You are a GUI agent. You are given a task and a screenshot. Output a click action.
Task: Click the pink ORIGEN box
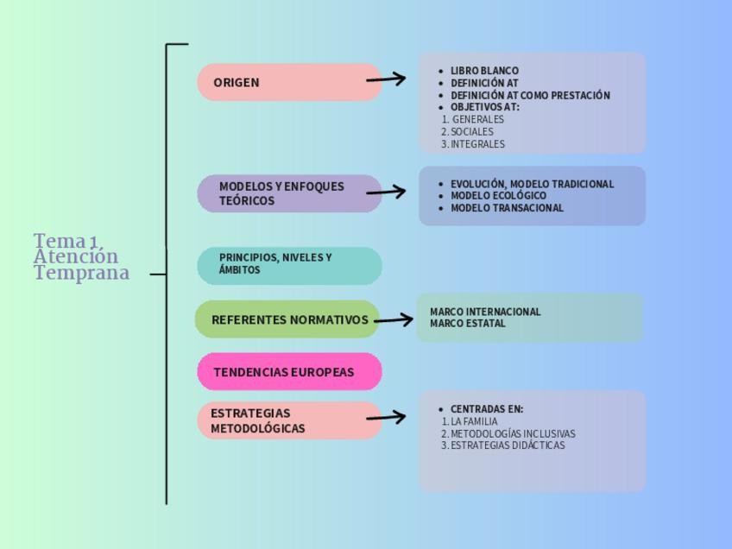click(289, 82)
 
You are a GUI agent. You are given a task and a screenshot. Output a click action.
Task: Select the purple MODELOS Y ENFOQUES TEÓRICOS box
click(289, 193)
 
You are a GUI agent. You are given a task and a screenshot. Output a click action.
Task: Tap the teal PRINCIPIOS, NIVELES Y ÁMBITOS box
click(289, 265)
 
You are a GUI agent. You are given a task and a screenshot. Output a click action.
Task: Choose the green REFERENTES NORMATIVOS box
click(287, 319)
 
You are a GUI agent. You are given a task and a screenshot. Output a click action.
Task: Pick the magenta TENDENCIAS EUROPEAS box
click(289, 372)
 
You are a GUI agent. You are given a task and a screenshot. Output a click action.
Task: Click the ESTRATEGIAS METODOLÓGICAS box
click(289, 420)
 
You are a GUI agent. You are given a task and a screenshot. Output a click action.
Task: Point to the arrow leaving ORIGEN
click(386, 79)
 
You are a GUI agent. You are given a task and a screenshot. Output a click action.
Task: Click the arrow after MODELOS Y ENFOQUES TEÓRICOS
click(386, 191)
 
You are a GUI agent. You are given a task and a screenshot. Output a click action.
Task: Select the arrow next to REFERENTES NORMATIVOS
click(394, 320)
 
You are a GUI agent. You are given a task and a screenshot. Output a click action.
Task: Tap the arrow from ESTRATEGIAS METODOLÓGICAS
click(386, 418)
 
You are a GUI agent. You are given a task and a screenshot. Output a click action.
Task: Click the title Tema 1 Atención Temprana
click(81, 256)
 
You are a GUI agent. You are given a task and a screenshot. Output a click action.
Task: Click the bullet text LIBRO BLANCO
click(484, 71)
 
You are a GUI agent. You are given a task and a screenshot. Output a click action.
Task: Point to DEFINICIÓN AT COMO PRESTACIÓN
click(530, 96)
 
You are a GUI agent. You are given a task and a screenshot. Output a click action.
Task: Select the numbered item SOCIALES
click(471, 132)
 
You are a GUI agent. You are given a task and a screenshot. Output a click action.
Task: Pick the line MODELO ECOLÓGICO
click(498, 196)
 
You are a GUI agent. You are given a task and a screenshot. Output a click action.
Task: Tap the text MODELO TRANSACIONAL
click(507, 208)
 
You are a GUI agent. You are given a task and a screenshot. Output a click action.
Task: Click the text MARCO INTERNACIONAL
click(485, 312)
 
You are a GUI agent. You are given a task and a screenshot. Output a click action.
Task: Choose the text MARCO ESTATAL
click(468, 324)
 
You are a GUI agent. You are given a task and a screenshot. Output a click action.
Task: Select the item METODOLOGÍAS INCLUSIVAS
click(512, 434)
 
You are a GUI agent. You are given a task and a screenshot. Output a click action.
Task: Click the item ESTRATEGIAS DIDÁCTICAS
click(507, 446)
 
